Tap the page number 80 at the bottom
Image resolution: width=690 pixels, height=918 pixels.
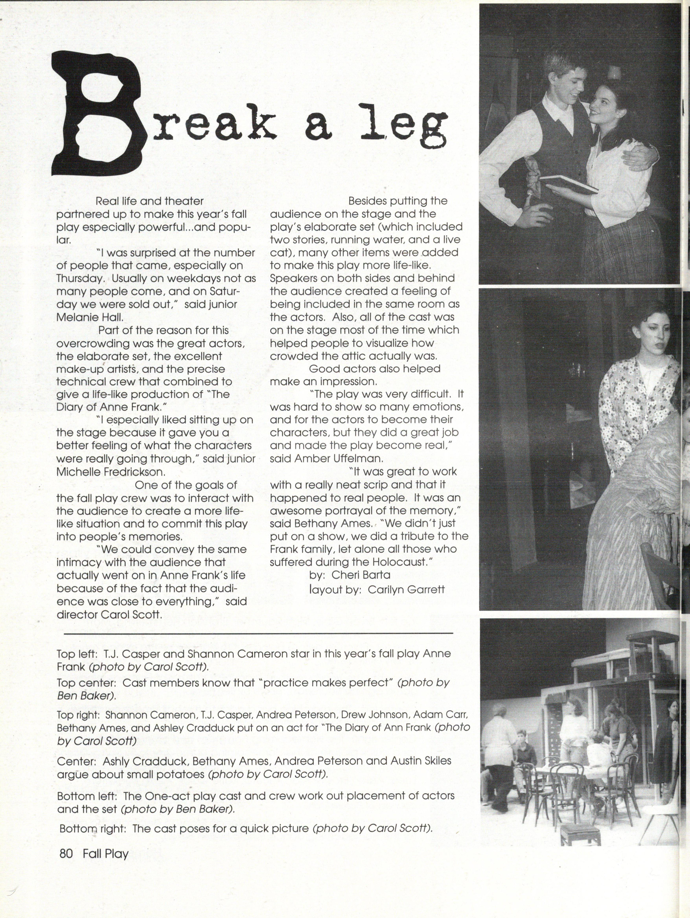[x=66, y=854]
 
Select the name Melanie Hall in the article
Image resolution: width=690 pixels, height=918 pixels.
[x=89, y=317]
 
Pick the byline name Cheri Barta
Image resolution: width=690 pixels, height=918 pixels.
[x=361, y=575]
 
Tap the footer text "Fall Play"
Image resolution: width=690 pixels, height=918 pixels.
[x=106, y=854]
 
